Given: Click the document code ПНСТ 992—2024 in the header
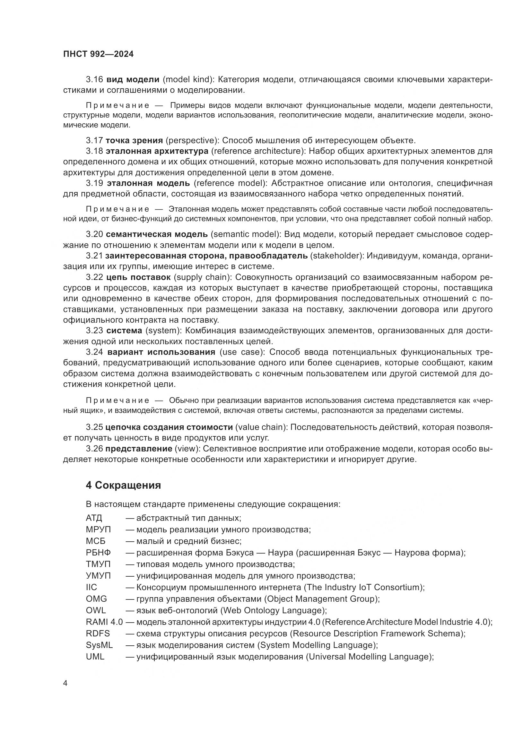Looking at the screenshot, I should coord(99,54).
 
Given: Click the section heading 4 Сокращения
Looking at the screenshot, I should coord(123,485).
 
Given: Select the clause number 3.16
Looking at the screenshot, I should coord(94,80).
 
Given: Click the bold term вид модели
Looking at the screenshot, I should coord(133,80).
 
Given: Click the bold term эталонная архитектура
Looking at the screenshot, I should coord(157,151).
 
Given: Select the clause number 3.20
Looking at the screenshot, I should coord(94,234).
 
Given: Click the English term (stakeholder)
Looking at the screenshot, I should coord(337,256).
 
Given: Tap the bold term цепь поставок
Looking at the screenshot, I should coord(138,277).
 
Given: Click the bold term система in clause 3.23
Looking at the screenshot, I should coord(124,331).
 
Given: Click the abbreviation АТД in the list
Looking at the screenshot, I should coord(94,518).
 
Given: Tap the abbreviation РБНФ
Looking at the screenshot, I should coord(98,553).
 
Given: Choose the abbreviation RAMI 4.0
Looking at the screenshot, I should coord(104,622).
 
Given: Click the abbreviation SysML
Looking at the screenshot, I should coord(99,645).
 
